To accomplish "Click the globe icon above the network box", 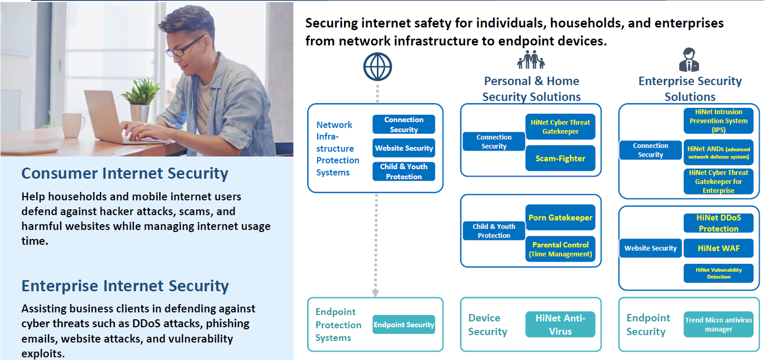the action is [x=377, y=67].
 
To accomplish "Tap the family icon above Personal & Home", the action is [x=531, y=60].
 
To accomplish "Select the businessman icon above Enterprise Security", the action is [x=689, y=60].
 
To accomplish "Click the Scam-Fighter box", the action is [x=560, y=159].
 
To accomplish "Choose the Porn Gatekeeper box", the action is [x=560, y=218].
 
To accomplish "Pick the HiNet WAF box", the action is [x=718, y=248].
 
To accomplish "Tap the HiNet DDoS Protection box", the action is [x=718, y=223].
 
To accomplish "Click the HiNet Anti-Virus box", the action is [x=560, y=324].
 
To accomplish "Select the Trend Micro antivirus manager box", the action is [x=718, y=324].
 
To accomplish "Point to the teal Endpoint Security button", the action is [x=403, y=324].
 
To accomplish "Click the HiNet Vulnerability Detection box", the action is [x=718, y=273].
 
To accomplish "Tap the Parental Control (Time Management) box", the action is [x=560, y=249].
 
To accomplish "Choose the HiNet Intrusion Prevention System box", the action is [x=718, y=121].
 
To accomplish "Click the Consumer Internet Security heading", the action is [x=125, y=173].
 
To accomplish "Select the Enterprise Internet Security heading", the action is [x=125, y=286].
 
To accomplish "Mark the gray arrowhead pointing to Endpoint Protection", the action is [x=375, y=293].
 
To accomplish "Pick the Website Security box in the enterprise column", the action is [x=650, y=248].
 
